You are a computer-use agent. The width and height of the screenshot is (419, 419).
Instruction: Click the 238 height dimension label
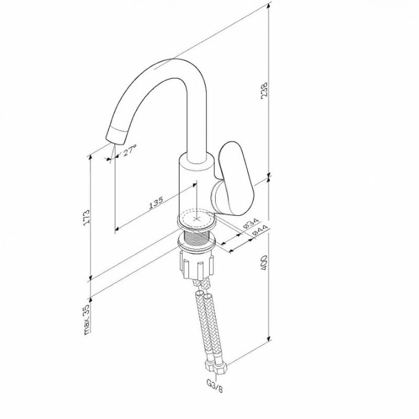[x=264, y=90]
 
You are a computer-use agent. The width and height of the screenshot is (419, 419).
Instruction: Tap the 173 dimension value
[x=86, y=217]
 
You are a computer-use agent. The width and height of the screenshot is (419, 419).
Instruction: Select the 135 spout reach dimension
[x=156, y=203]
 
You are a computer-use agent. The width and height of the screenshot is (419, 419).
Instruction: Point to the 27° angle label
[x=130, y=150]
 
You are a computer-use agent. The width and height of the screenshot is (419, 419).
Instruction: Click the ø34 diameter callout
[x=251, y=223]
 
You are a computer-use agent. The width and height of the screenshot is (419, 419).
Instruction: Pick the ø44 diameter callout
[x=260, y=230]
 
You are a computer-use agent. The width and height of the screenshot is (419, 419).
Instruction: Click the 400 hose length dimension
[x=264, y=263]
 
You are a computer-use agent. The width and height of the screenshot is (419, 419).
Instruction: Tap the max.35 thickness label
[x=86, y=319]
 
